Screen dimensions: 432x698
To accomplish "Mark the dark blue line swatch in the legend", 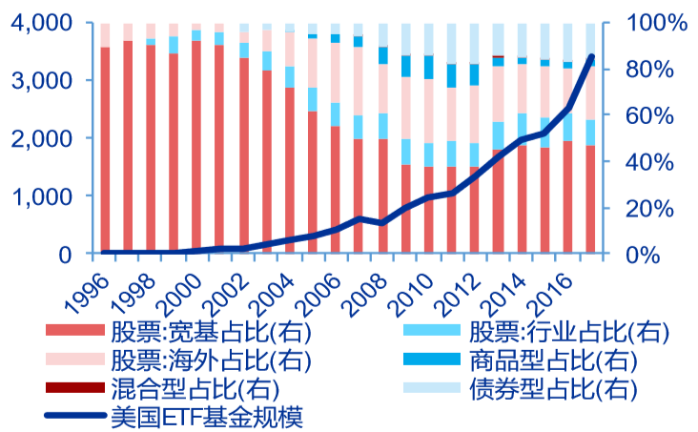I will coord(74,416).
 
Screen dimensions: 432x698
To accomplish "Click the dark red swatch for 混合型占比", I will coord(74,388).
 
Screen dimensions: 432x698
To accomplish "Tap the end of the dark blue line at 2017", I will coord(592,57).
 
